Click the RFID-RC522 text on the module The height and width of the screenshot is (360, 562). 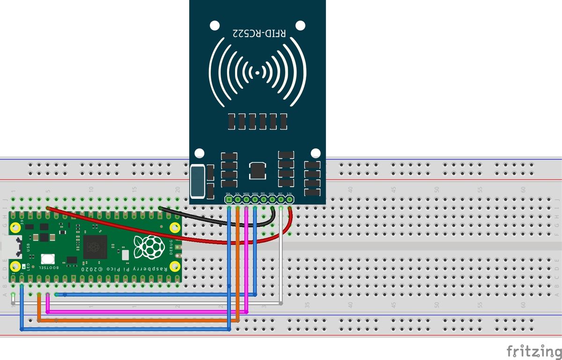point(259,32)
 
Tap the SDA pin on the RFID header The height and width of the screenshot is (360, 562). point(229,200)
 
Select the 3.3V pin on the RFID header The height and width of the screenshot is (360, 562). point(289,200)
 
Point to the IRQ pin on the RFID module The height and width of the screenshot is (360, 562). point(263,200)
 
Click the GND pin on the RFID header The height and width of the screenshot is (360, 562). point(272,200)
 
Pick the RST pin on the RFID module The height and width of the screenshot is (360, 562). point(281,200)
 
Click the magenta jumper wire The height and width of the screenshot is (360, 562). point(140,312)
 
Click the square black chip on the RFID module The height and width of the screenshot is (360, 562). point(259,170)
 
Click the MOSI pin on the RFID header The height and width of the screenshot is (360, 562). point(246,200)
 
